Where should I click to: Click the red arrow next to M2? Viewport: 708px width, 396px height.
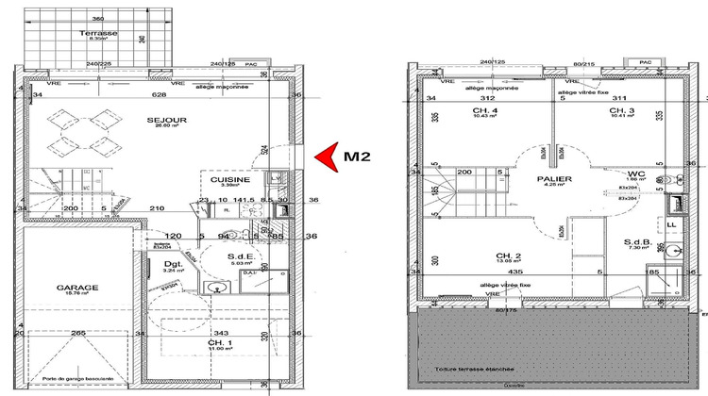click(x=326, y=157)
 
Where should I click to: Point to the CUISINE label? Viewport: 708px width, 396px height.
click(x=230, y=179)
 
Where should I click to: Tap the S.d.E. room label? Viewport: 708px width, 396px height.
click(x=237, y=256)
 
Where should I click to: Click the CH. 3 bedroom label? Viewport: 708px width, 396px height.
click(x=620, y=111)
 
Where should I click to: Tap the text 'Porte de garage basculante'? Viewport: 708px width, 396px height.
click(x=71, y=379)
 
